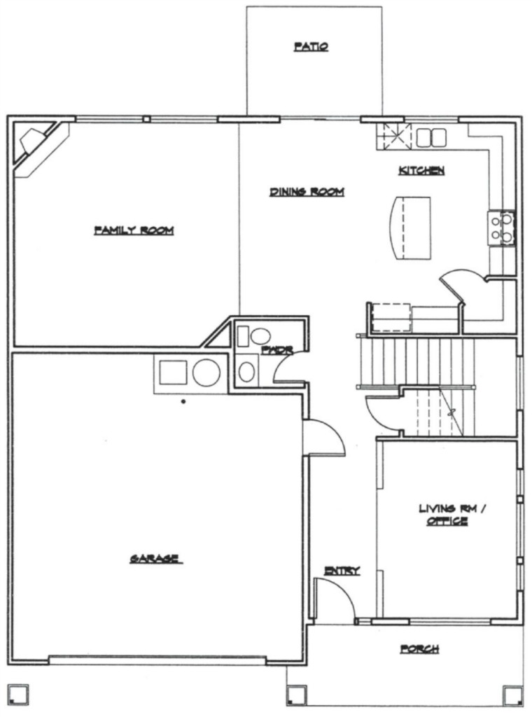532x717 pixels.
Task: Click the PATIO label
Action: coord(311,46)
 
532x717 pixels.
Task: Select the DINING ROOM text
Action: coord(307,192)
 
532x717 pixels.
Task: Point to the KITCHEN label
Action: coord(421,171)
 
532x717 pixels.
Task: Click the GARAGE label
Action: coord(156,558)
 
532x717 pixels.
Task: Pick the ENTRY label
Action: coord(342,570)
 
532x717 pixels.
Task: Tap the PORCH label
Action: coord(419,648)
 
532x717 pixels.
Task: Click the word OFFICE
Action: coord(447,521)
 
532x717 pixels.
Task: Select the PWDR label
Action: coord(277,350)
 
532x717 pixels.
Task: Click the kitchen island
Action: coord(410,228)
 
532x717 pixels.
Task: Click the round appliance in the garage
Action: coord(206,373)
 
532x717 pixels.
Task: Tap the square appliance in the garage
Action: coord(173,373)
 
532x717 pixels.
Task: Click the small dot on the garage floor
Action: coord(183,401)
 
